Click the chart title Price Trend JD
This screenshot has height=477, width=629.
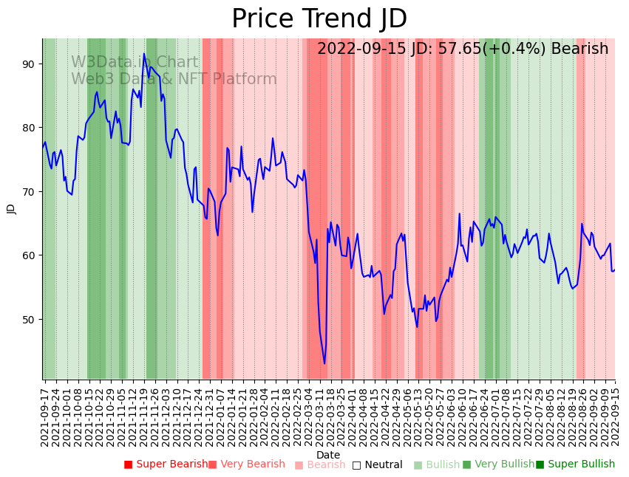[x=319, y=19]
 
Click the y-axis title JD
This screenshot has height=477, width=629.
[x=11, y=209]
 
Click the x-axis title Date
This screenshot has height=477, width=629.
[x=328, y=455]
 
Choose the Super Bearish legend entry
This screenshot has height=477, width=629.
[x=166, y=464]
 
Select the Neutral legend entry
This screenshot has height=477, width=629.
[x=378, y=464]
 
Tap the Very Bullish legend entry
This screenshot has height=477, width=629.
[x=498, y=464]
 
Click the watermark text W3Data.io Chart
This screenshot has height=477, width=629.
[x=135, y=63]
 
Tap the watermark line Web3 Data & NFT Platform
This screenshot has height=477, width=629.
[x=174, y=80]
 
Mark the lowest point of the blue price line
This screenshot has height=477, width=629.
[x=324, y=363]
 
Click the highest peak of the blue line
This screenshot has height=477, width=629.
[x=144, y=54]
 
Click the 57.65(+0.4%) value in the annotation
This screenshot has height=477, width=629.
[x=483, y=49]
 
